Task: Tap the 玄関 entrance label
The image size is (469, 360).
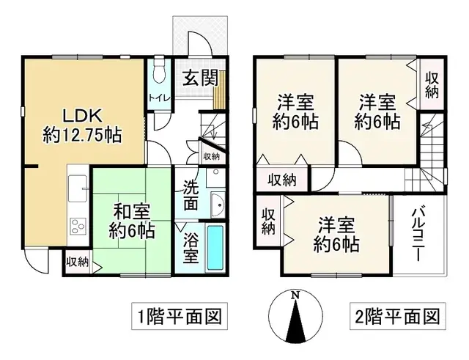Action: pyautogui.click(x=196, y=76)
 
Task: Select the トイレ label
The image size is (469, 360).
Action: pyautogui.click(x=158, y=98)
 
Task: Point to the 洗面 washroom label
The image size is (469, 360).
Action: pyautogui.click(x=191, y=196)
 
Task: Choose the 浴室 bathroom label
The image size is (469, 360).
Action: pyautogui.click(x=189, y=249)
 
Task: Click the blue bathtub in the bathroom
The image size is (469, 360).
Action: pyautogui.click(x=214, y=248)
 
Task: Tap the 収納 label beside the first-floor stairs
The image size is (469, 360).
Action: pyautogui.click(x=211, y=156)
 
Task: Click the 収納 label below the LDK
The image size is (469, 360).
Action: pyautogui.click(x=77, y=261)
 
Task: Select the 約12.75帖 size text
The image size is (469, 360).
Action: pyautogui.click(x=82, y=136)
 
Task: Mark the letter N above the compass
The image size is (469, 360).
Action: pyautogui.click(x=295, y=295)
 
